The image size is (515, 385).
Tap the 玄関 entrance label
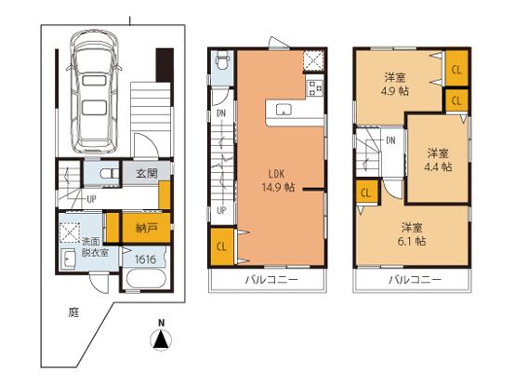[146, 173]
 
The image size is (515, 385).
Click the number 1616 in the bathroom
[146, 259]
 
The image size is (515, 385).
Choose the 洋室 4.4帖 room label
[439, 160]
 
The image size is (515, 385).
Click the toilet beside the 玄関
[107, 173]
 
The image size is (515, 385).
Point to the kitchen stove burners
[312, 89]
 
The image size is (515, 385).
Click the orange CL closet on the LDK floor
[222, 246]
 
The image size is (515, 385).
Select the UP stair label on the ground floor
[92, 199]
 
